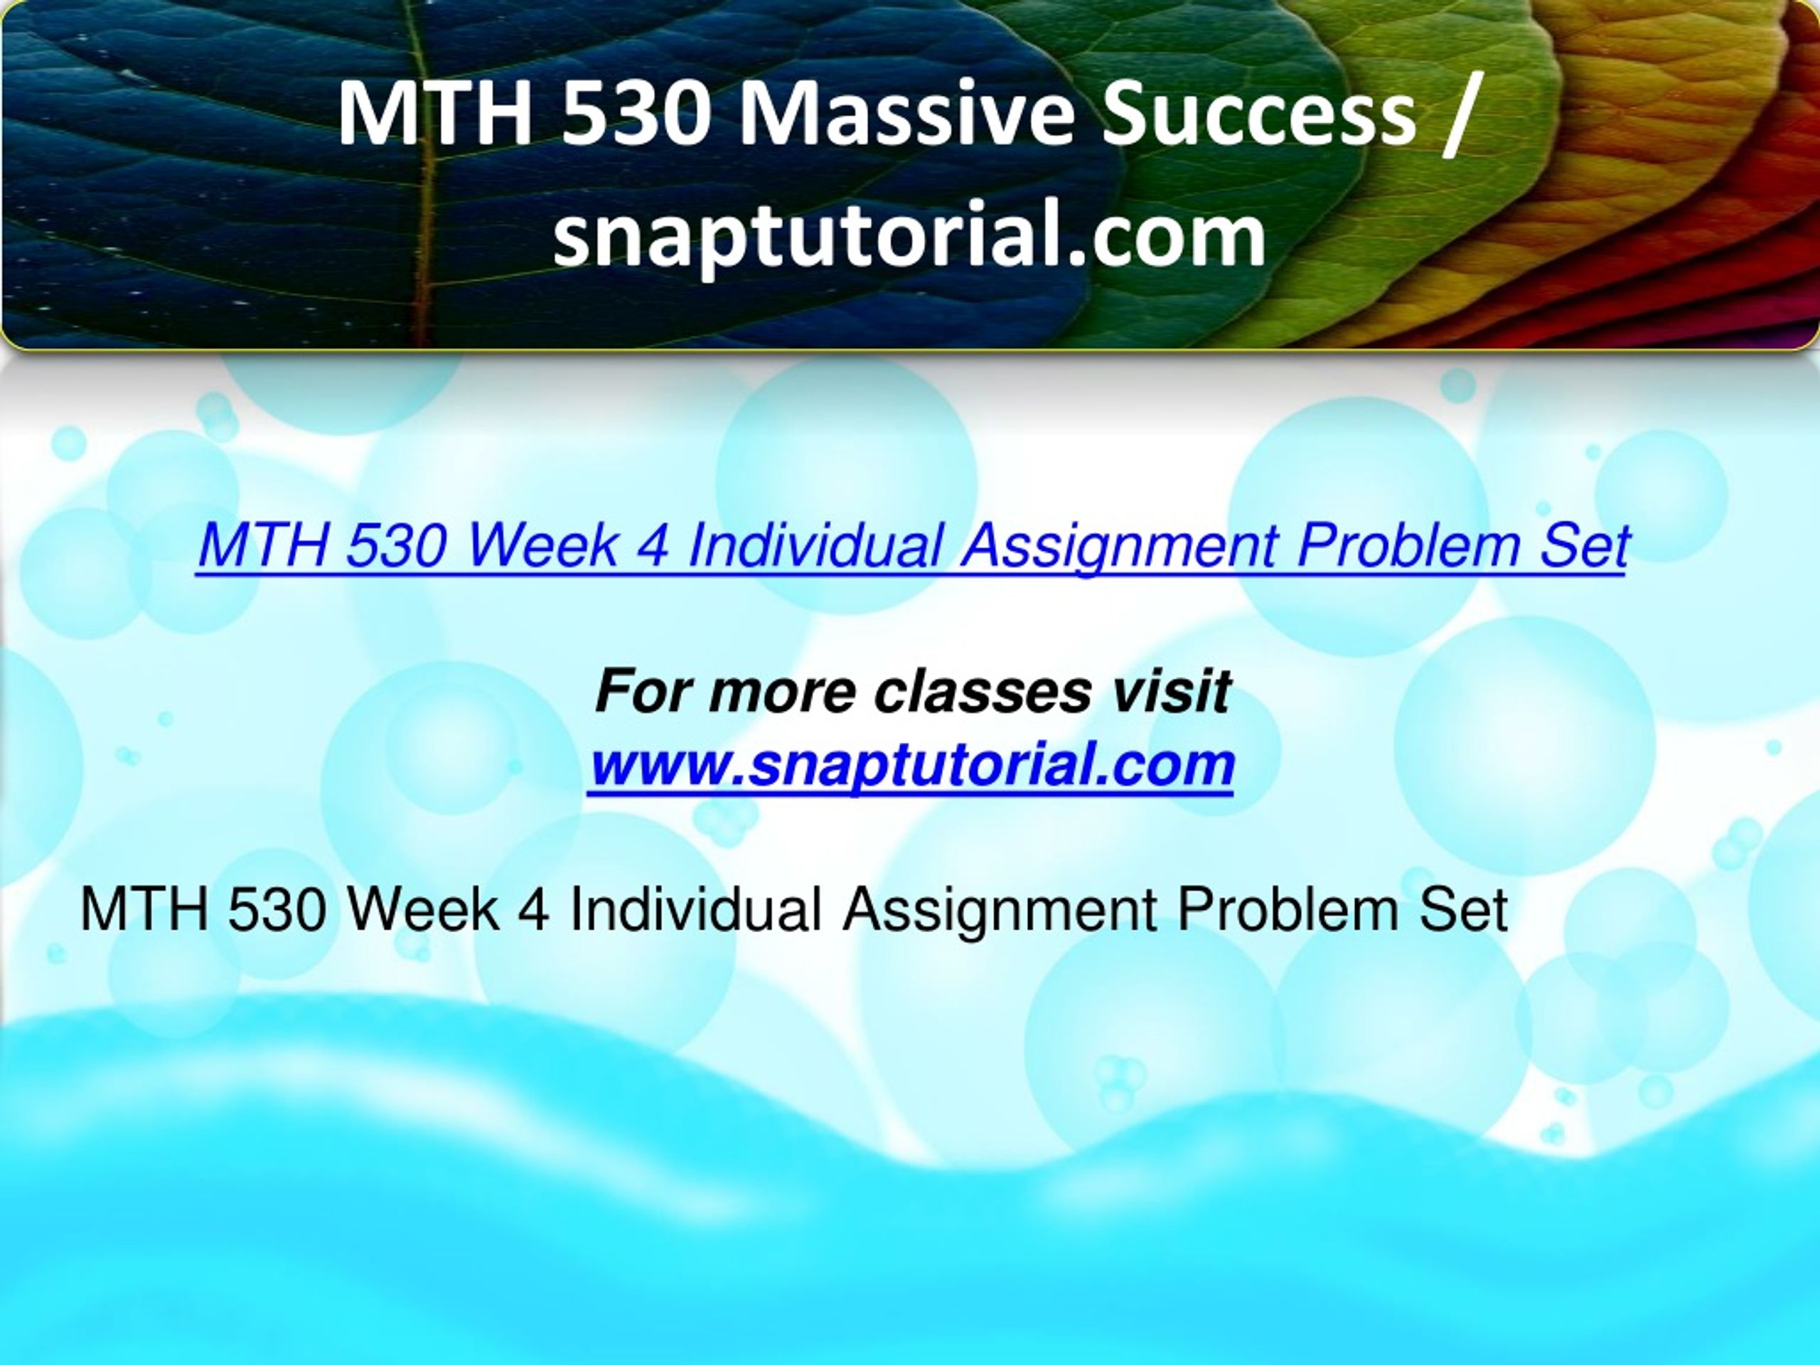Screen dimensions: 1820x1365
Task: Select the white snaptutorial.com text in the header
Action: coord(909,236)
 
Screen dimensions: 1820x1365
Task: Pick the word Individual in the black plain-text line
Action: coord(695,909)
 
